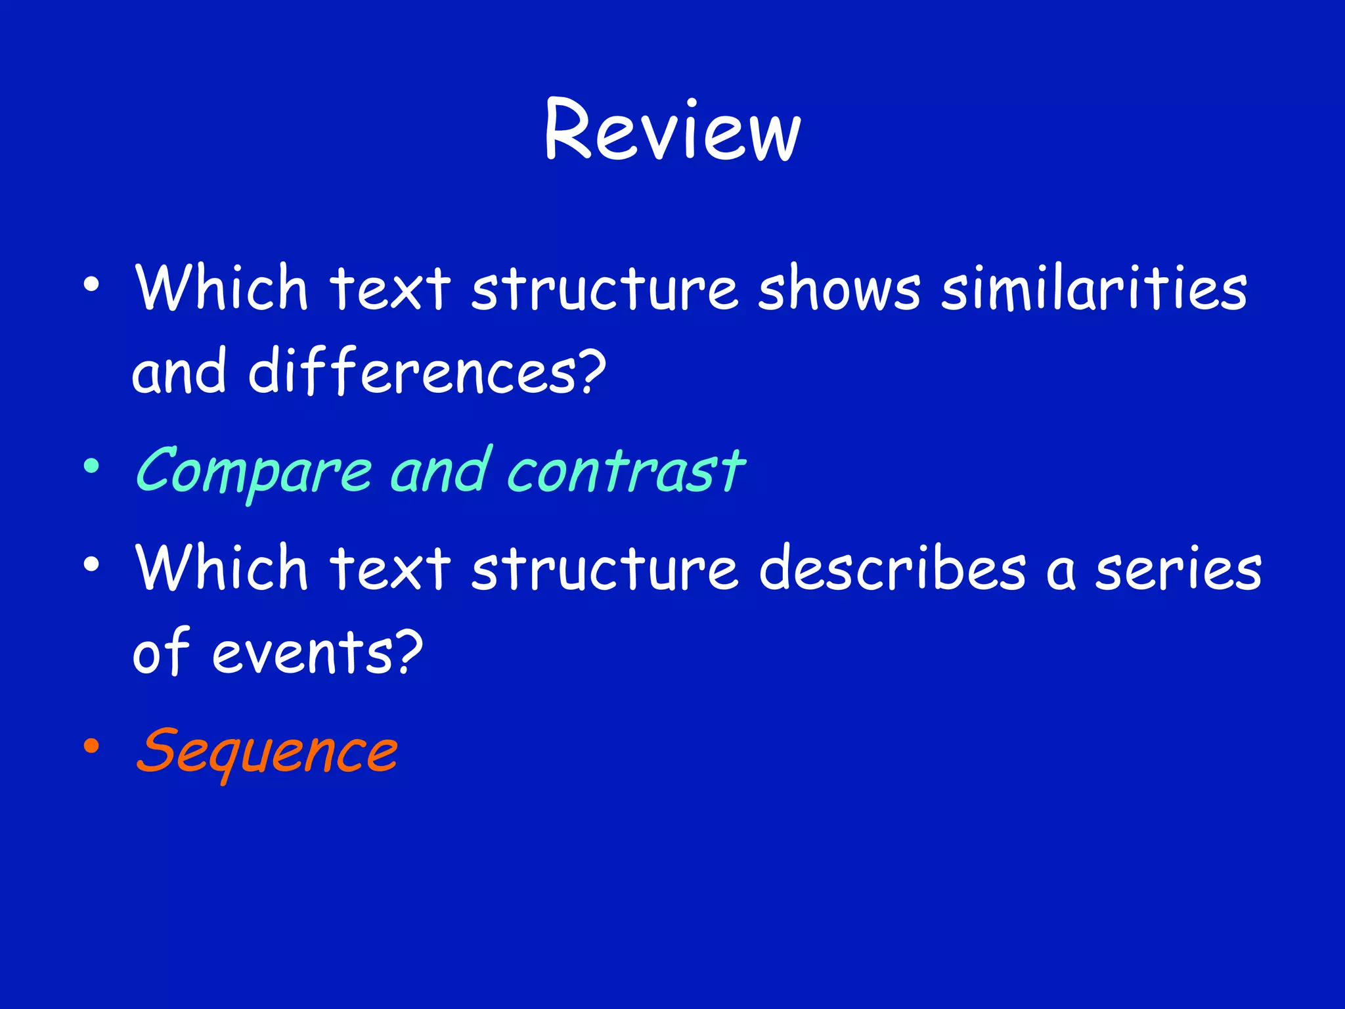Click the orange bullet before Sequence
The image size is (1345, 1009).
pos(91,746)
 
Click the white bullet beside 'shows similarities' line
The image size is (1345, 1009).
pos(91,284)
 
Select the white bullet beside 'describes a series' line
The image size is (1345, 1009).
pos(91,564)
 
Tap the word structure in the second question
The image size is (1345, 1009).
pos(604,569)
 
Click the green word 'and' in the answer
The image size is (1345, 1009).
pos(441,470)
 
